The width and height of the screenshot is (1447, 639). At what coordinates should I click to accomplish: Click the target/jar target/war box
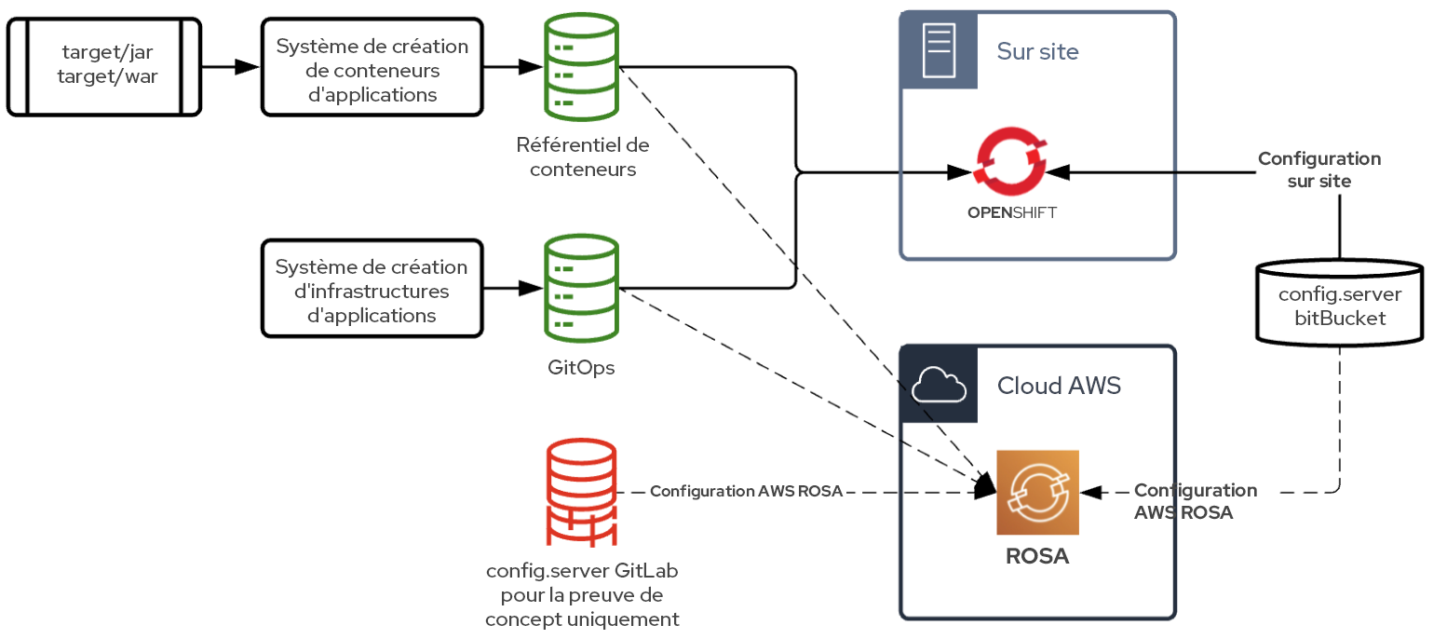(x=104, y=66)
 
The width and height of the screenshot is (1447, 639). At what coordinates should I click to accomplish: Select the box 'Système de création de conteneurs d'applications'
(x=372, y=67)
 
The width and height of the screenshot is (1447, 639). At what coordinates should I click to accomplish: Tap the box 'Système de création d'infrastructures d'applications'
(x=372, y=288)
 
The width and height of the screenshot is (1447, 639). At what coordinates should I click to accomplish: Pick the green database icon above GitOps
(x=581, y=288)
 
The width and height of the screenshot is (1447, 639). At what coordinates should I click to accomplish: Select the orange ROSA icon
(x=1037, y=493)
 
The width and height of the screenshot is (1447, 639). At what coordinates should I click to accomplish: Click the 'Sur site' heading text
(x=1037, y=51)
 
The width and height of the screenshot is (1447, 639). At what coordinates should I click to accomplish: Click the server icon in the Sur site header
(x=939, y=50)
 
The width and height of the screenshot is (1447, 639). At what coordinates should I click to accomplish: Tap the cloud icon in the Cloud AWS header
(x=939, y=385)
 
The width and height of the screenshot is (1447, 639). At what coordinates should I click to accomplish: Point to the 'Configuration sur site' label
(x=1319, y=170)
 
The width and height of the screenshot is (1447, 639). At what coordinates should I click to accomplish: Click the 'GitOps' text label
(x=581, y=368)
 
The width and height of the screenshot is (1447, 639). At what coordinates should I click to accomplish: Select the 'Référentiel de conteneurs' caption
(x=581, y=157)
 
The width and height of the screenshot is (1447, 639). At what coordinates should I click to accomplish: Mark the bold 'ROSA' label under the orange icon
(x=1037, y=557)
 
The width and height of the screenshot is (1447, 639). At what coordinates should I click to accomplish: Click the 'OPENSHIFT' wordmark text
(x=1011, y=212)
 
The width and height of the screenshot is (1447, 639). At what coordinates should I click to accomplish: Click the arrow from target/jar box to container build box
(x=230, y=67)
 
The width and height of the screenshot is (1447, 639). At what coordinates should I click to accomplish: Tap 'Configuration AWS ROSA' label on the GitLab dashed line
(x=745, y=492)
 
